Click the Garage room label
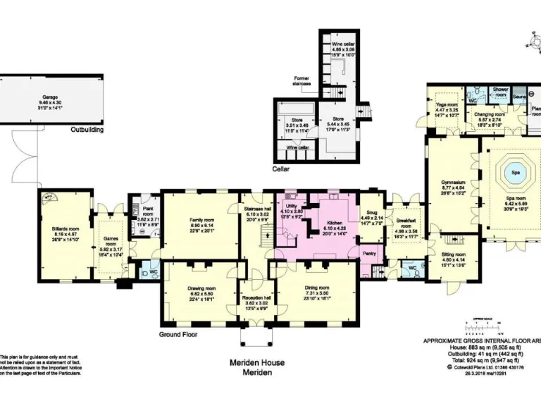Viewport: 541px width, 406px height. click(49, 97)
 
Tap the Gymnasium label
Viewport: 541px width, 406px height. click(452, 182)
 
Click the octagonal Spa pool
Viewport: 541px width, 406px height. click(515, 171)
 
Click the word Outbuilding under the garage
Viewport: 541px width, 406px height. click(87, 130)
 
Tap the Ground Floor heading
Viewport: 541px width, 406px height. click(177, 334)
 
